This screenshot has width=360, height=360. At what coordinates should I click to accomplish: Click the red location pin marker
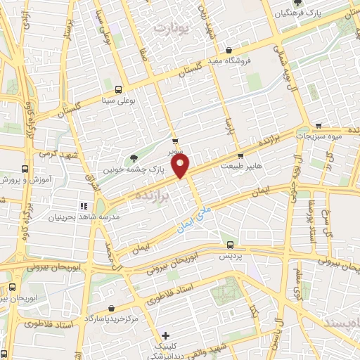point(181,166)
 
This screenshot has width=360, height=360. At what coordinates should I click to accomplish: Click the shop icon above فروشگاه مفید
point(230,49)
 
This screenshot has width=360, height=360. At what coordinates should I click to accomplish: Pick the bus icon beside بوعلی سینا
point(118,89)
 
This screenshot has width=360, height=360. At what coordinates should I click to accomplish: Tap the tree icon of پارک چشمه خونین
point(134,158)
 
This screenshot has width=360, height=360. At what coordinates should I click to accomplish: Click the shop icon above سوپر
point(174,140)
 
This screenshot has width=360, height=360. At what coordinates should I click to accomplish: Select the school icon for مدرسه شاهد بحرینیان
point(83,206)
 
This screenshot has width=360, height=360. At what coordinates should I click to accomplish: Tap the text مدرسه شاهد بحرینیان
point(75,217)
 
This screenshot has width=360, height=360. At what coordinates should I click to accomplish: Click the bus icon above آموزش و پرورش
point(25,169)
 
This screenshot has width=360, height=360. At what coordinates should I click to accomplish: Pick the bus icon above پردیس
point(231,245)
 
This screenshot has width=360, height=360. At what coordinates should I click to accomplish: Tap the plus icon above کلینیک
point(166,336)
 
